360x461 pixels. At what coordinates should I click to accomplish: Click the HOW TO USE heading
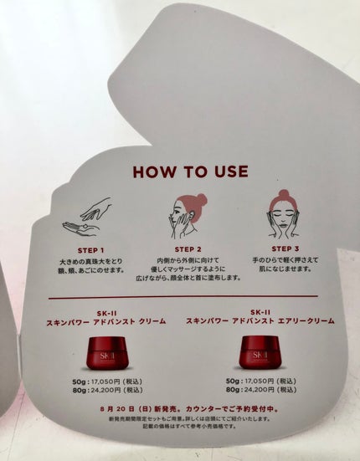[191, 172]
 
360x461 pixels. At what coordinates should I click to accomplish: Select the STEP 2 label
[188, 249]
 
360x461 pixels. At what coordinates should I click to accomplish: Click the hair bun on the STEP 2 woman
[200, 198]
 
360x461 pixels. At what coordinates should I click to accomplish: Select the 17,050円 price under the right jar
[261, 382]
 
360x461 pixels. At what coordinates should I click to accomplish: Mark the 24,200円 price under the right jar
[261, 391]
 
